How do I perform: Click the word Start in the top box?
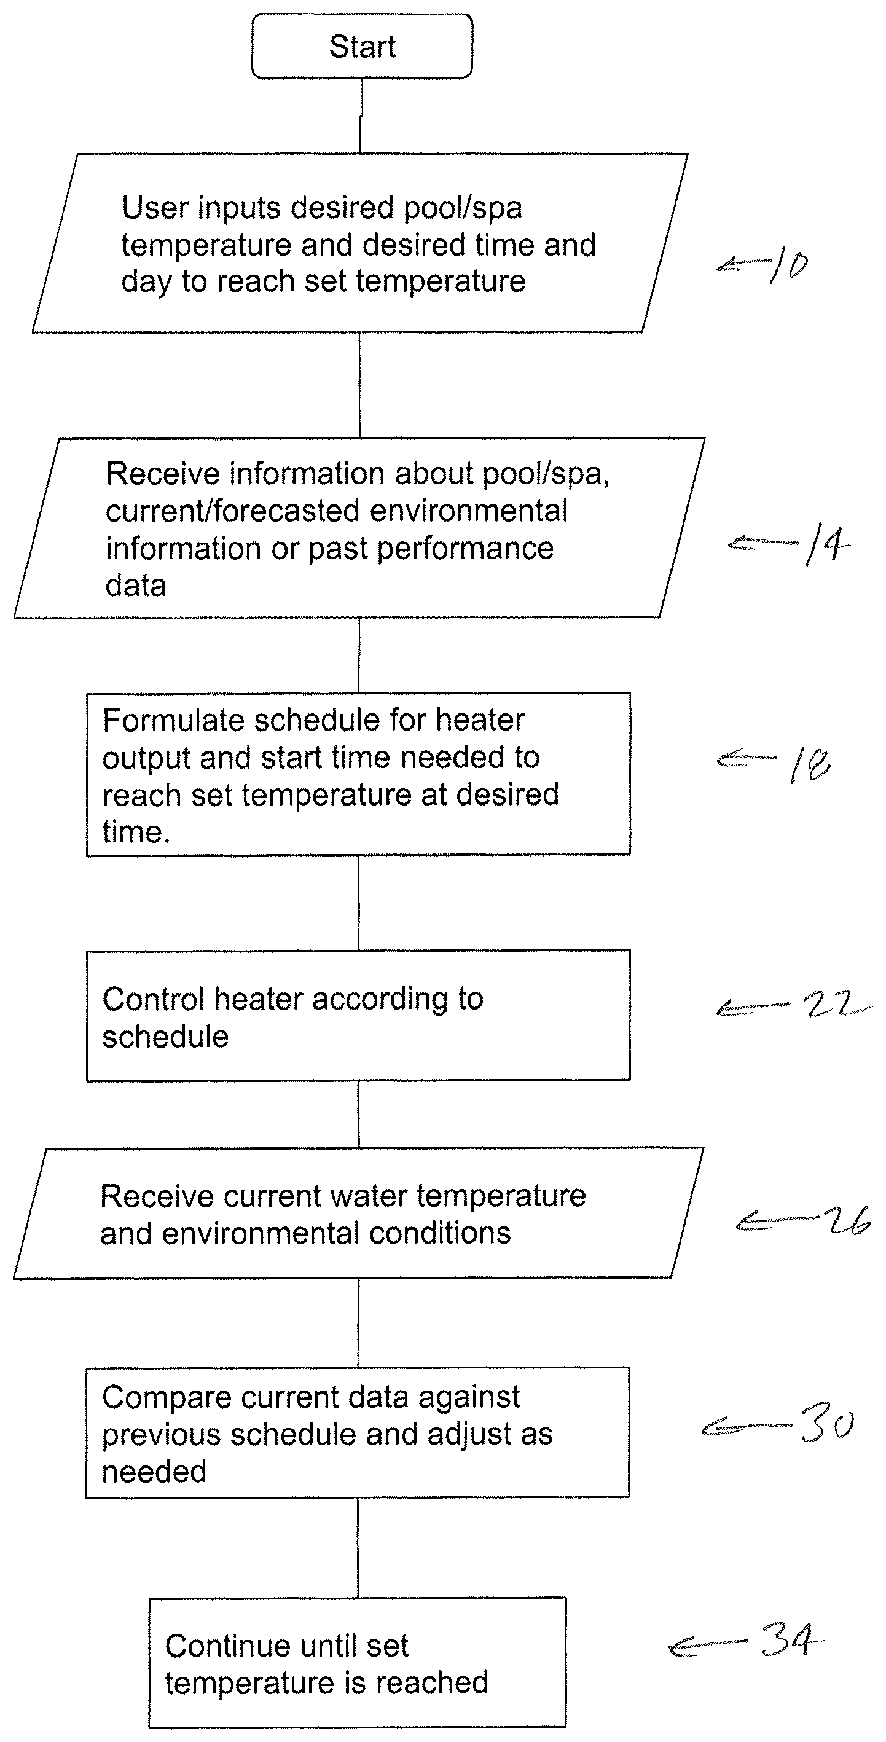tap(363, 47)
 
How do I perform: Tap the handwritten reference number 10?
tap(788, 265)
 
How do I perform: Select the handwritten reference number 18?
tap(810, 765)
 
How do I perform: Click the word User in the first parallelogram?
tap(154, 208)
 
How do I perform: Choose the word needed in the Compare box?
tap(154, 1472)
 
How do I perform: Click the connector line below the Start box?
tap(361, 116)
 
